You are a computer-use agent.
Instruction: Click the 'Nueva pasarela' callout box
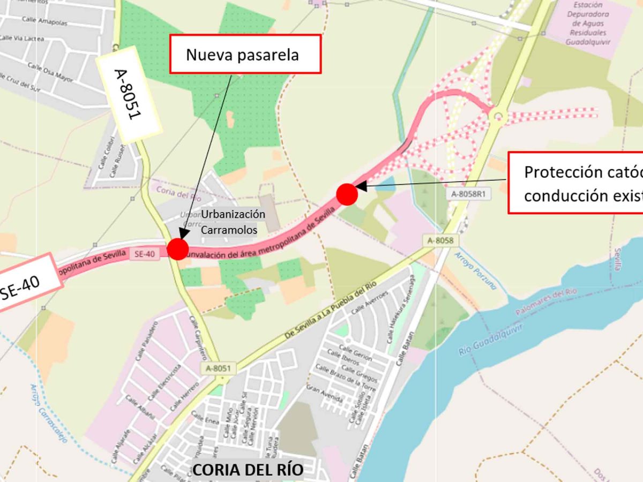(x=245, y=54)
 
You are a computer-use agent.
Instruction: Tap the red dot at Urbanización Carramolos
(x=178, y=249)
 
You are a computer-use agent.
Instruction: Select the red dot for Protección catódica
(x=347, y=194)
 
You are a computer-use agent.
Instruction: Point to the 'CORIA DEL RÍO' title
(x=248, y=470)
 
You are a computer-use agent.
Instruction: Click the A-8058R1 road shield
(x=468, y=194)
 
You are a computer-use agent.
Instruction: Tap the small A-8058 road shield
(x=440, y=241)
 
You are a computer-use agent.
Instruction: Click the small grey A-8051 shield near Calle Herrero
(x=219, y=368)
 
